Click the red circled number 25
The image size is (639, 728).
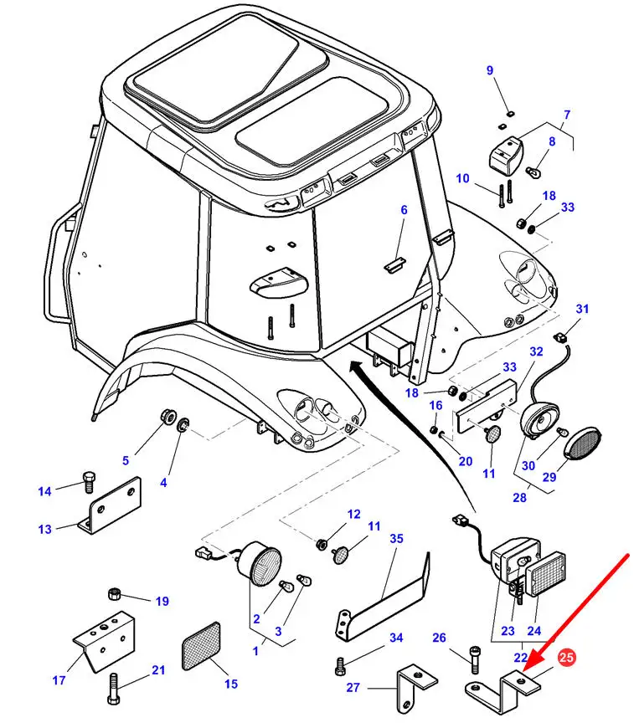click(x=566, y=659)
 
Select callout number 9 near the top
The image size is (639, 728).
click(x=491, y=70)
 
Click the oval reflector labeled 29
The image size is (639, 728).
click(x=582, y=443)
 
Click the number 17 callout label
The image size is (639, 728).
click(x=59, y=680)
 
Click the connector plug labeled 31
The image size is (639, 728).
click(x=572, y=335)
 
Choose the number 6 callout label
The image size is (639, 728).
click(x=403, y=210)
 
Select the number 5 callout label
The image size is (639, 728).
click(x=126, y=459)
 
